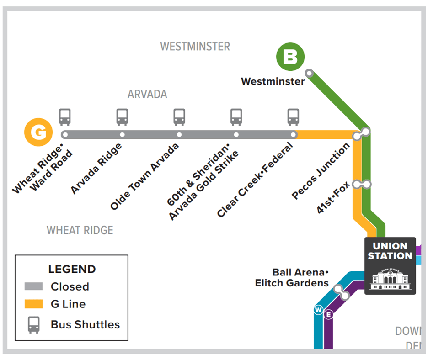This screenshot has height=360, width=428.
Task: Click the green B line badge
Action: pos(290,57)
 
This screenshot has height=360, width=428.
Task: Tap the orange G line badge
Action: pos(38,132)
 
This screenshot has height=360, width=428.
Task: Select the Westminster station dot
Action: pos(309,73)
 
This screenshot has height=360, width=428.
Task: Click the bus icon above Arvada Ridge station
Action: pos(122,117)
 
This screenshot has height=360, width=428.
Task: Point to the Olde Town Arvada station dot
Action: pos(179,135)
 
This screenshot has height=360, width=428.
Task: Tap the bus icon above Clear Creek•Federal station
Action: pos(293,117)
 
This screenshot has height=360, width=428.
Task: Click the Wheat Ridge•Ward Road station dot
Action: pos(65,135)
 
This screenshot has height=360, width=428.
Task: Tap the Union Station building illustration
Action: pos(390,278)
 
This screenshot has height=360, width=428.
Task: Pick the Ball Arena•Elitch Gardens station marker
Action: pos(341,292)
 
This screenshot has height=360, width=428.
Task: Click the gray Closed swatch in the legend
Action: pos(33,286)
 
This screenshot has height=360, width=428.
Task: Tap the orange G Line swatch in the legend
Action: pos(33,304)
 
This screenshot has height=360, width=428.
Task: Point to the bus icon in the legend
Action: pos(34,325)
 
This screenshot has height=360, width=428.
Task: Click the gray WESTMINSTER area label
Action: pos(195,47)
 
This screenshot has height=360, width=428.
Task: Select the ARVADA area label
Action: pos(147,95)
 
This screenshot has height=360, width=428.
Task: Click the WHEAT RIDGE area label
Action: pos(80,230)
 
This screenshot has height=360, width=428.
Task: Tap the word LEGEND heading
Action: pos(72,269)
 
